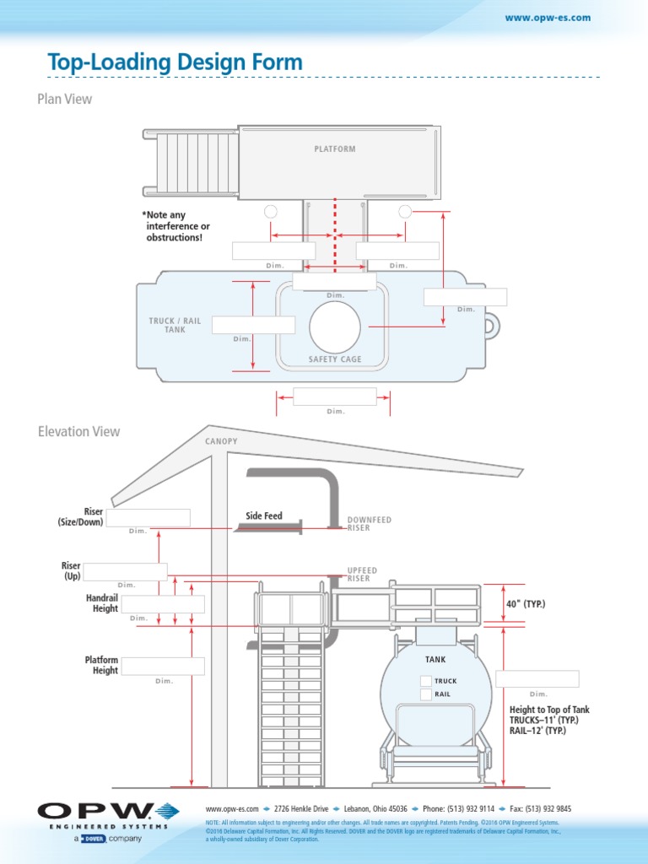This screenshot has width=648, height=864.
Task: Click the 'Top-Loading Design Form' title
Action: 175,62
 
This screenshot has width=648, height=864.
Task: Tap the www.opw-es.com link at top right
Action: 547,18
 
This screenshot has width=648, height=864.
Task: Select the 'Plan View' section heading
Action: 64,99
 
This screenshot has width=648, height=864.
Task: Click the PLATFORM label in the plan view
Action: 335,149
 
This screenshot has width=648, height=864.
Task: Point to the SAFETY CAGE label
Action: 335,359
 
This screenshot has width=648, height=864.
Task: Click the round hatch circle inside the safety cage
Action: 335,327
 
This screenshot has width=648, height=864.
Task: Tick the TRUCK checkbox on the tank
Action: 426,681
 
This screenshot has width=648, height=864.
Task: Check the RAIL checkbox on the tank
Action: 426,694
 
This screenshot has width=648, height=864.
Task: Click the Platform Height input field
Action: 164,666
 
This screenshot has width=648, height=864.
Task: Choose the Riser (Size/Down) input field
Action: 148,518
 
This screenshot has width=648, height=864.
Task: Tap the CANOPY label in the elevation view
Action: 221,441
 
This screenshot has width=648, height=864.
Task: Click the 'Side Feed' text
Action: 264,516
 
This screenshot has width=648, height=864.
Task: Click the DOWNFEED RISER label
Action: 370,524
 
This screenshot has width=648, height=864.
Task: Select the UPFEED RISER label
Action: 363,575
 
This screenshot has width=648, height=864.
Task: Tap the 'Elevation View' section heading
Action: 78,431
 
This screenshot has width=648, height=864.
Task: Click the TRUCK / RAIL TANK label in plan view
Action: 175,325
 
